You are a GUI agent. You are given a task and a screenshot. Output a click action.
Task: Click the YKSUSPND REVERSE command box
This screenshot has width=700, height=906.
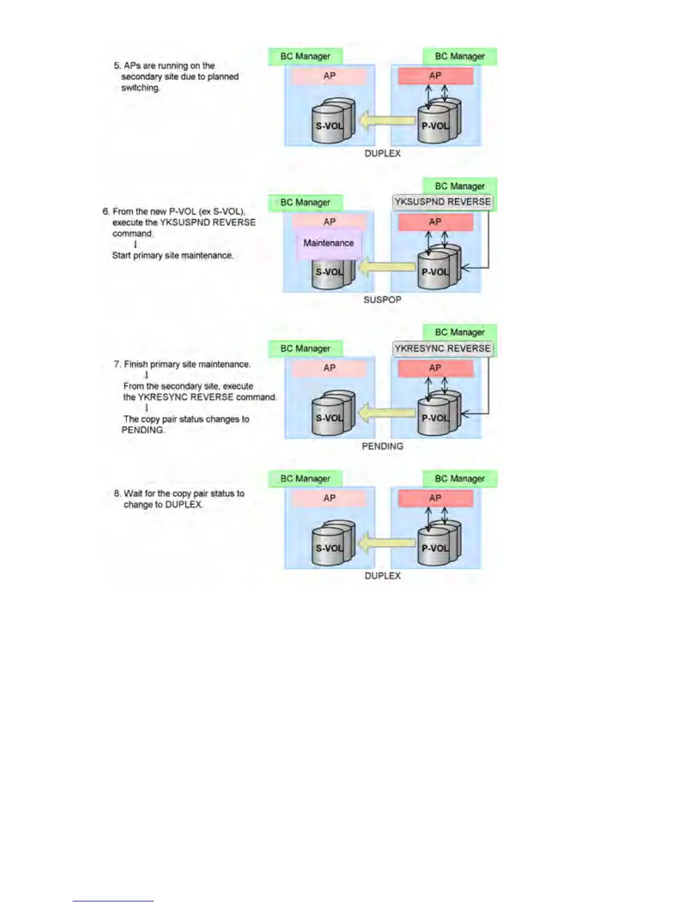[x=442, y=202]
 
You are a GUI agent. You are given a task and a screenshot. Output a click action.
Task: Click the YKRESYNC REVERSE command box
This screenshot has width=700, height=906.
[x=442, y=348]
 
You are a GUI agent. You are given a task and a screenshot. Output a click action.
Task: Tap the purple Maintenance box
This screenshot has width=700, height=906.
[x=328, y=243]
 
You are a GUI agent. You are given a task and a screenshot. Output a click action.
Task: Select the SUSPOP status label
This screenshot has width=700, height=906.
[x=382, y=300]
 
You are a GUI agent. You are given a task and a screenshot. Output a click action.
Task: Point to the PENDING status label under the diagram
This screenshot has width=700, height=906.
[x=382, y=446]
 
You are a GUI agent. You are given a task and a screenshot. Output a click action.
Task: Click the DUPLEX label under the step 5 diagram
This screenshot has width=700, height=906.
[x=383, y=153]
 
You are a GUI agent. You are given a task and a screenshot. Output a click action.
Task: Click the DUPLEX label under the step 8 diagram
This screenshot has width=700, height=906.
[x=383, y=575]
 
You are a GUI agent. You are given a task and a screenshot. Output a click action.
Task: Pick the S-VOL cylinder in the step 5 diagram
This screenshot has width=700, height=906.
[x=332, y=122]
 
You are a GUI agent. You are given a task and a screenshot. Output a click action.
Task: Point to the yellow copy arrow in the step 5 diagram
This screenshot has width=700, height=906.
[x=386, y=121]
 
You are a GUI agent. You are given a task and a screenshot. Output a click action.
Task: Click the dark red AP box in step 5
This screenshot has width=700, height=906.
[x=435, y=75]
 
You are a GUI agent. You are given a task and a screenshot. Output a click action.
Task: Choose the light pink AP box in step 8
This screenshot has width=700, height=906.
[x=329, y=498]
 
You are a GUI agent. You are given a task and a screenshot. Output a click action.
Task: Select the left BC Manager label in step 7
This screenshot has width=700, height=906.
[x=305, y=348]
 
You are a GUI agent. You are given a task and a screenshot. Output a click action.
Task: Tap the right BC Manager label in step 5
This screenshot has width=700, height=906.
[x=460, y=56]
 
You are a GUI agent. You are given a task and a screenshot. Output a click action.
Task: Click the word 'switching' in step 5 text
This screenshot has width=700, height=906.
[x=140, y=88]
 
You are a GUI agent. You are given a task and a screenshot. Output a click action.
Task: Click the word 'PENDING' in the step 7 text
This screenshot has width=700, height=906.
[x=142, y=430]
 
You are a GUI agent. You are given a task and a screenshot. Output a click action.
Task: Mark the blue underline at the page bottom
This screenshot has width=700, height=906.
[x=113, y=901]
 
